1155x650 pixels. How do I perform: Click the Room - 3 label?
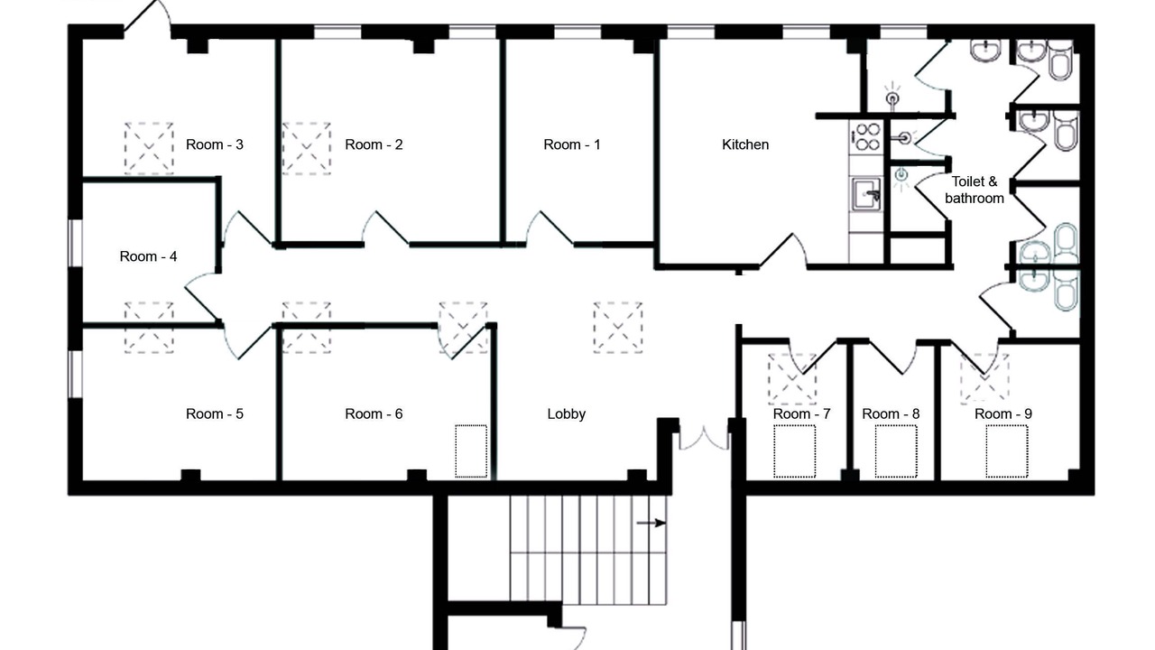(215, 144)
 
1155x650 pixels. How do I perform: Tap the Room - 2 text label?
(374, 144)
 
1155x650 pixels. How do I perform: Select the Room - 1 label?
(572, 144)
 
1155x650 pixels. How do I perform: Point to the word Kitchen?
(745, 144)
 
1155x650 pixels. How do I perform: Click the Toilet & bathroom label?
(975, 190)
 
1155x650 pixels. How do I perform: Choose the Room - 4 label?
(149, 256)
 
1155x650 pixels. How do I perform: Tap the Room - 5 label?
(215, 413)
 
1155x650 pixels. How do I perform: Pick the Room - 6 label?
(374, 413)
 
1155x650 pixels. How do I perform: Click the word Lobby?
(566, 413)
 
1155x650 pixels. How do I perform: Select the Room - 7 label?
(802, 413)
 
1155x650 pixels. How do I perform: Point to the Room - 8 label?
(891, 413)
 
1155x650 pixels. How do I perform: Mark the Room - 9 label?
(1003, 413)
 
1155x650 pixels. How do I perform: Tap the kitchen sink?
(866, 194)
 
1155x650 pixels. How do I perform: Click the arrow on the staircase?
(651, 523)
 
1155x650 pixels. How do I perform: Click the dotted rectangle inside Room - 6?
(471, 451)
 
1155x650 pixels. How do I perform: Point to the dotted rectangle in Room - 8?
(896, 451)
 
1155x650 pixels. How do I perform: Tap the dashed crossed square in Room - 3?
(149, 148)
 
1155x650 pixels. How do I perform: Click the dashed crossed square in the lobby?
(618, 328)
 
